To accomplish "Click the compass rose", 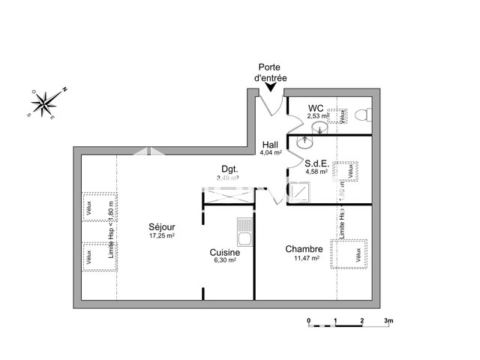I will [46, 103].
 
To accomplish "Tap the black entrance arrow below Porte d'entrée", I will [271, 89].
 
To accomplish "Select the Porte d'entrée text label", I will [272, 72].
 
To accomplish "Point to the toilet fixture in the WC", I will [362, 115].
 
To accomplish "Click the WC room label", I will [316, 108].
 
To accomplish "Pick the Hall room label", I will [270, 144].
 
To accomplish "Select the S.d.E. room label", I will [315, 163].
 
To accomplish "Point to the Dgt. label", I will [229, 169].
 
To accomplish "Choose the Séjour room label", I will [161, 226].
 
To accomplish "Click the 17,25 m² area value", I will [161, 235].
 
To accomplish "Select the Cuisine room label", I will [225, 253].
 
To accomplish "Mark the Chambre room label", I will [304, 249].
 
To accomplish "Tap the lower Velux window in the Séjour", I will [88, 256].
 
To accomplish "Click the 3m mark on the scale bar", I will [388, 320].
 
